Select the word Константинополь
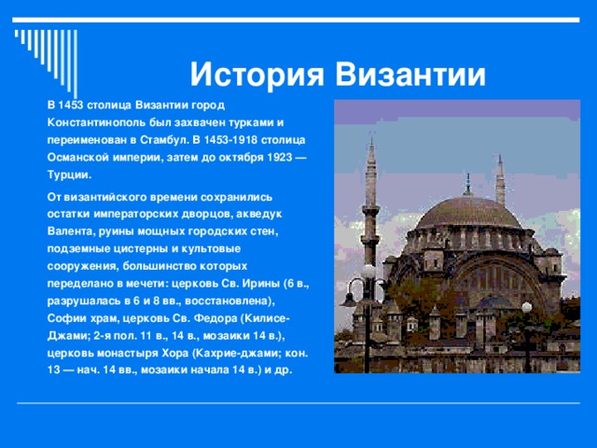tap(100, 123)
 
